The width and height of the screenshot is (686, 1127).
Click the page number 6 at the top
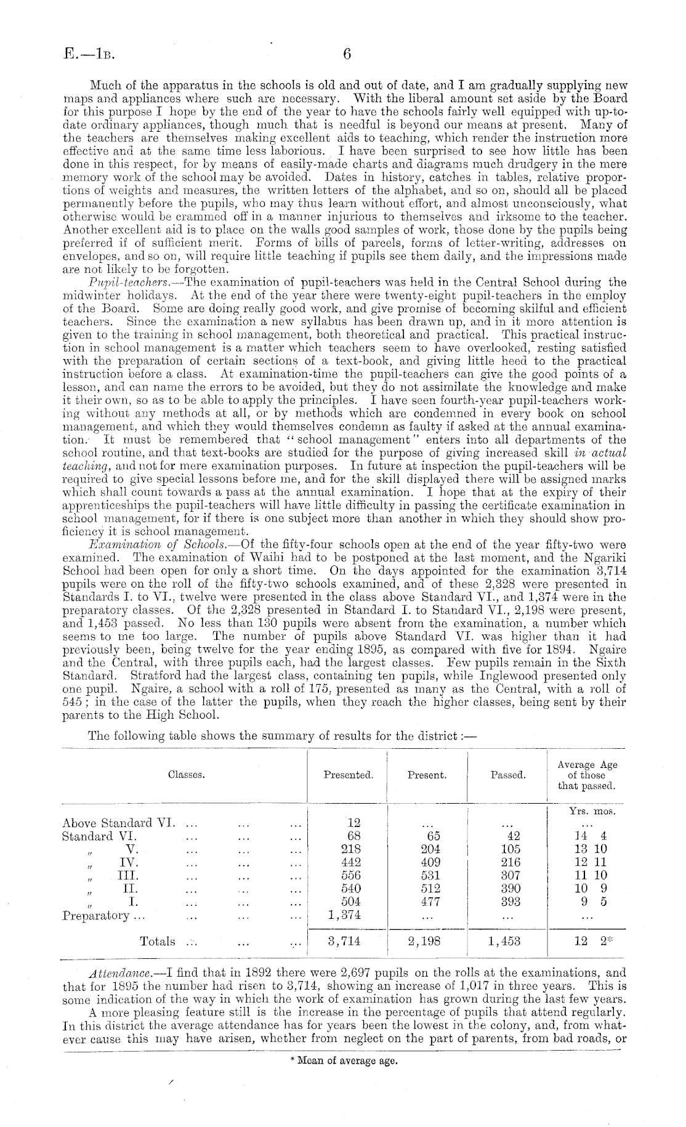[346, 55]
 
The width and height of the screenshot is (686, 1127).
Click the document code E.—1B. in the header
[89, 55]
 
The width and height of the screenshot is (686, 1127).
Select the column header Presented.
[348, 775]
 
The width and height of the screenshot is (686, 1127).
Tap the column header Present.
[427, 775]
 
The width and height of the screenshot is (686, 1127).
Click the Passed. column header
[508, 775]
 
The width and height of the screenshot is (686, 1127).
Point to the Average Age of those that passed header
[587, 775]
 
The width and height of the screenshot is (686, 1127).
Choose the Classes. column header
[186, 775]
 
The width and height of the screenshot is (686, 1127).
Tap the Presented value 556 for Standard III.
[351, 875]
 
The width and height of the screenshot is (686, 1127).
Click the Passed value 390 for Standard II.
[510, 889]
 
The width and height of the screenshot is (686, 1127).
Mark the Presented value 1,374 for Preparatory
[344, 915]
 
